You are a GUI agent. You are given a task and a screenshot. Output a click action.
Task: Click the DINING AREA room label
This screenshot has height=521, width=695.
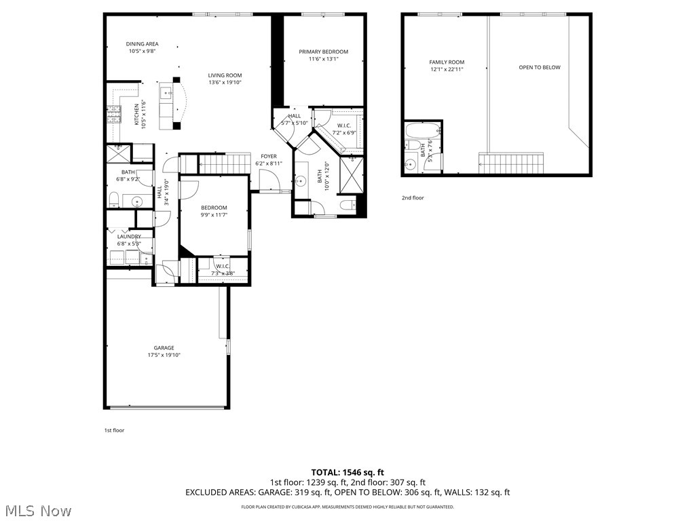coord(142,44)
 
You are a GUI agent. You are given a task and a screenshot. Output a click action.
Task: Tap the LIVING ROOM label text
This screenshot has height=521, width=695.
coord(225,75)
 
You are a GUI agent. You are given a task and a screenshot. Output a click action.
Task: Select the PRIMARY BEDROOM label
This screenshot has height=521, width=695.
coord(324,52)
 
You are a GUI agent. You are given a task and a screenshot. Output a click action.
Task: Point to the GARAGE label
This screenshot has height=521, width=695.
coord(164,348)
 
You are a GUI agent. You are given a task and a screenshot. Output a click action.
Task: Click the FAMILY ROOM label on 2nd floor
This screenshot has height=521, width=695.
coord(447,62)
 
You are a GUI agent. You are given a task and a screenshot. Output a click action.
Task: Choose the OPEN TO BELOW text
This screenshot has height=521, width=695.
coord(540,67)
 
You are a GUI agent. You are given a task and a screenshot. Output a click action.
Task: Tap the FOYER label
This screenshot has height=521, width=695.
coord(269,157)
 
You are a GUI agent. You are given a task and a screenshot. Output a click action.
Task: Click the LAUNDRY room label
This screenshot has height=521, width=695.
coord(129,236)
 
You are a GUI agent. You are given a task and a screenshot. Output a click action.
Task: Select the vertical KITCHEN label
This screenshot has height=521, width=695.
coord(136,115)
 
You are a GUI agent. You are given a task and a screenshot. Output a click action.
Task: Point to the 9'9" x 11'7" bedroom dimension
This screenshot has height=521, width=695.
coord(214,215)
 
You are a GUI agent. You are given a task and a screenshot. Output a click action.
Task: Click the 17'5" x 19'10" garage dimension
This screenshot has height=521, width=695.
coord(164,355)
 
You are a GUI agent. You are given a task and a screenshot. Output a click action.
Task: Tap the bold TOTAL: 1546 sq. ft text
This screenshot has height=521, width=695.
coord(347,472)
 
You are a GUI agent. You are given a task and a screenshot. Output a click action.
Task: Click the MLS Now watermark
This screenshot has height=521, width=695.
coord(37,510)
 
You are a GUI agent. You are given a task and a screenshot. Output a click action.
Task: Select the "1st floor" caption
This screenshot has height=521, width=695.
coord(114,430)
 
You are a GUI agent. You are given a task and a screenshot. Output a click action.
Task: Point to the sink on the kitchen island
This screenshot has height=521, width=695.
coord(166,92)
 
